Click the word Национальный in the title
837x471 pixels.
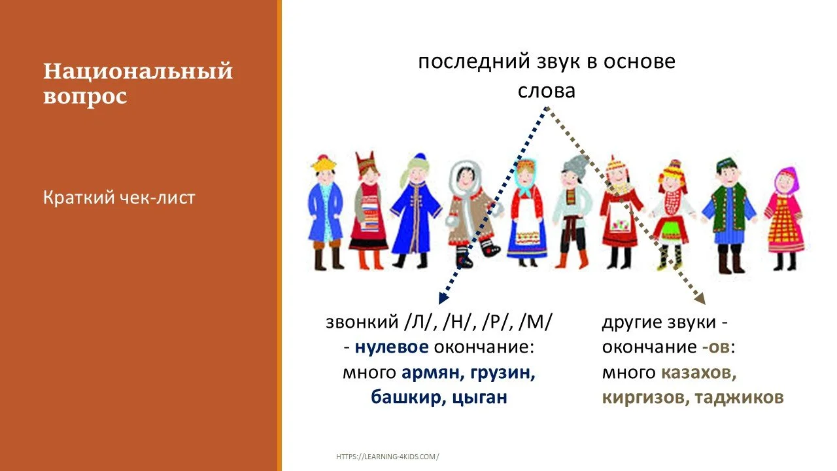pos(138,71)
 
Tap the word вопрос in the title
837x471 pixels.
pos(85,97)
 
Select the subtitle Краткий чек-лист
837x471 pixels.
pos(119,198)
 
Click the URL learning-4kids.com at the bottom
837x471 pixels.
pos(388,457)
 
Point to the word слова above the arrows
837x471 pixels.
pos(546,91)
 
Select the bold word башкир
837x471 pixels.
pos(405,397)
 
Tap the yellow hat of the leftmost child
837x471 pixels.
pos(322,164)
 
